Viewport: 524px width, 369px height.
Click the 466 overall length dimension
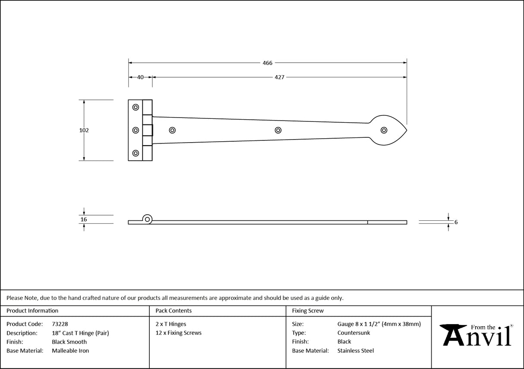[x=268, y=63]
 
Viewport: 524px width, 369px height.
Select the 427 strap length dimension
[x=279, y=77]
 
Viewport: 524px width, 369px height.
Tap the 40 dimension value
[x=140, y=77]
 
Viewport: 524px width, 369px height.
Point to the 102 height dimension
[x=84, y=130]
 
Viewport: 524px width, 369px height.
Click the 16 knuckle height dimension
[x=84, y=219]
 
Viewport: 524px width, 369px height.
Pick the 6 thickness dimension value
[x=456, y=223]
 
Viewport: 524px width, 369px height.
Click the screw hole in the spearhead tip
[x=384, y=130]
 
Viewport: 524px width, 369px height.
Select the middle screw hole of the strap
[x=278, y=130]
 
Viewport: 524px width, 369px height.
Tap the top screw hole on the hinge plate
[x=136, y=107]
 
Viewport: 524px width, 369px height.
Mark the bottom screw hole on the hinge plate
[x=136, y=153]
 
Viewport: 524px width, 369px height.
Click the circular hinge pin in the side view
[x=148, y=219]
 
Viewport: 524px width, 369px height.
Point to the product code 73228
[x=60, y=324]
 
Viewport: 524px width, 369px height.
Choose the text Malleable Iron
[x=70, y=351]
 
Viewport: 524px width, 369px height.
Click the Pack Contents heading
[x=174, y=311]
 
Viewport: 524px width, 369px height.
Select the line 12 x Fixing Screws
[x=178, y=333]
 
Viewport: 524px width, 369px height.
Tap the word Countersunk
[x=354, y=333]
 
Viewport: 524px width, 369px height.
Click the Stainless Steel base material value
[x=356, y=351]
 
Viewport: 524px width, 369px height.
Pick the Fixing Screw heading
[x=307, y=311]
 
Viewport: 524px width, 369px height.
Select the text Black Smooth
[x=69, y=342]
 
